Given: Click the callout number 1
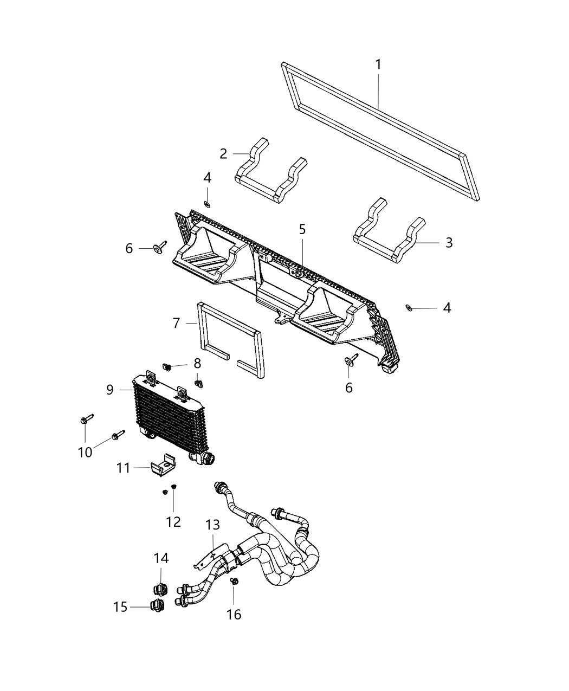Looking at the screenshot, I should pos(378,64).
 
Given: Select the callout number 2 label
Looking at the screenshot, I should pos(223,154).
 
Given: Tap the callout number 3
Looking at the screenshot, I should pos(449,242).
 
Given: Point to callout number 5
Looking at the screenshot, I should pos(302,229).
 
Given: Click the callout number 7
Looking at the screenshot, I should pos(176,324).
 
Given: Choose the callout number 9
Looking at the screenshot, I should pos(110,389).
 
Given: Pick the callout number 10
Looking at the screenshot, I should pos(85,452).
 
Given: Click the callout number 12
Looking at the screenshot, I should pos(173,522).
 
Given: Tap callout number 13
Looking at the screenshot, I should pos(213,525).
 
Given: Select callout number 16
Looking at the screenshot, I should pos(234,614).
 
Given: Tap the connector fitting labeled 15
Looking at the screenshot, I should pos(157,606).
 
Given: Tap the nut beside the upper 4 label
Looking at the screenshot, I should pos(208,204).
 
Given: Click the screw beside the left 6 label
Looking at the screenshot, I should pos(160,248).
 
